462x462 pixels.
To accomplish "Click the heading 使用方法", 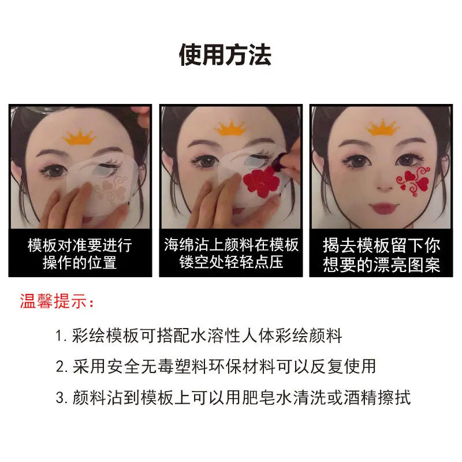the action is [x=225, y=55].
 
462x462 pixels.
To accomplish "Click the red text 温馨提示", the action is [x=53, y=301].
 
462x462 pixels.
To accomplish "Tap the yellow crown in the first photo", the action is [x=80, y=138].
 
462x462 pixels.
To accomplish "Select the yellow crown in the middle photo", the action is [x=230, y=128].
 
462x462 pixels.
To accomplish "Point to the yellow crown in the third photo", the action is [x=382, y=127].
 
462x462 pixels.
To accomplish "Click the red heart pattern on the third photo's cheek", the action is [x=413, y=181].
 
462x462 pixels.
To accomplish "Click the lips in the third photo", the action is [x=383, y=208].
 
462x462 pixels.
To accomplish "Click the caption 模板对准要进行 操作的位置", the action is [x=80, y=254].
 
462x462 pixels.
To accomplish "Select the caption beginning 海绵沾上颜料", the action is [x=231, y=253].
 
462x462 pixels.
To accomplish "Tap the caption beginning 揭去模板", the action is [x=381, y=255].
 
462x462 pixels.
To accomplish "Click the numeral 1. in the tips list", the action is [x=61, y=336].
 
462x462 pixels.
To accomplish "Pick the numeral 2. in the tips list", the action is [x=62, y=367].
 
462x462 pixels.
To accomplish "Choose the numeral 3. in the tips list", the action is [x=62, y=398].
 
